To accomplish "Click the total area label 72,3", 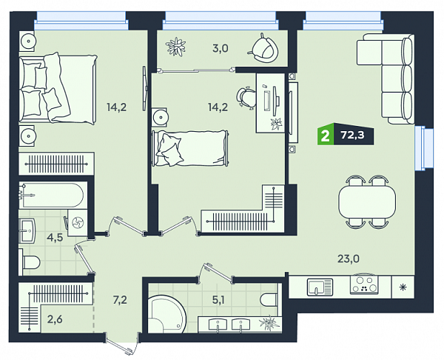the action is [352, 136].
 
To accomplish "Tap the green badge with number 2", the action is [326, 136].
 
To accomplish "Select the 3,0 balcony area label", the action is [221, 48].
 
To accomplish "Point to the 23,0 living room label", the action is [349, 259].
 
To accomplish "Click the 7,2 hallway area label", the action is [120, 299].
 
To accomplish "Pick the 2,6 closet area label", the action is [55, 319].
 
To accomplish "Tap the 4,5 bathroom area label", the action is [55, 237].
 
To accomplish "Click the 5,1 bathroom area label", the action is [218, 299].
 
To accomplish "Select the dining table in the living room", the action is [367, 201].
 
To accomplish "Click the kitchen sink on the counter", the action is [320, 287].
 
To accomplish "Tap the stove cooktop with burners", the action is [364, 284].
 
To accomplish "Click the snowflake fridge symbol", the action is [403, 287].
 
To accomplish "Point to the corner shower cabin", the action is [166, 314].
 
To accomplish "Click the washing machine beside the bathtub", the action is [77, 223].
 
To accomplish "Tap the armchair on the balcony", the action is [264, 48].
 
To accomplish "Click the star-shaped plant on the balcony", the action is [176, 46].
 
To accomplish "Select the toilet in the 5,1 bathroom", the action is [269, 299].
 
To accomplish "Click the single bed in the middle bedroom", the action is [190, 148].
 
